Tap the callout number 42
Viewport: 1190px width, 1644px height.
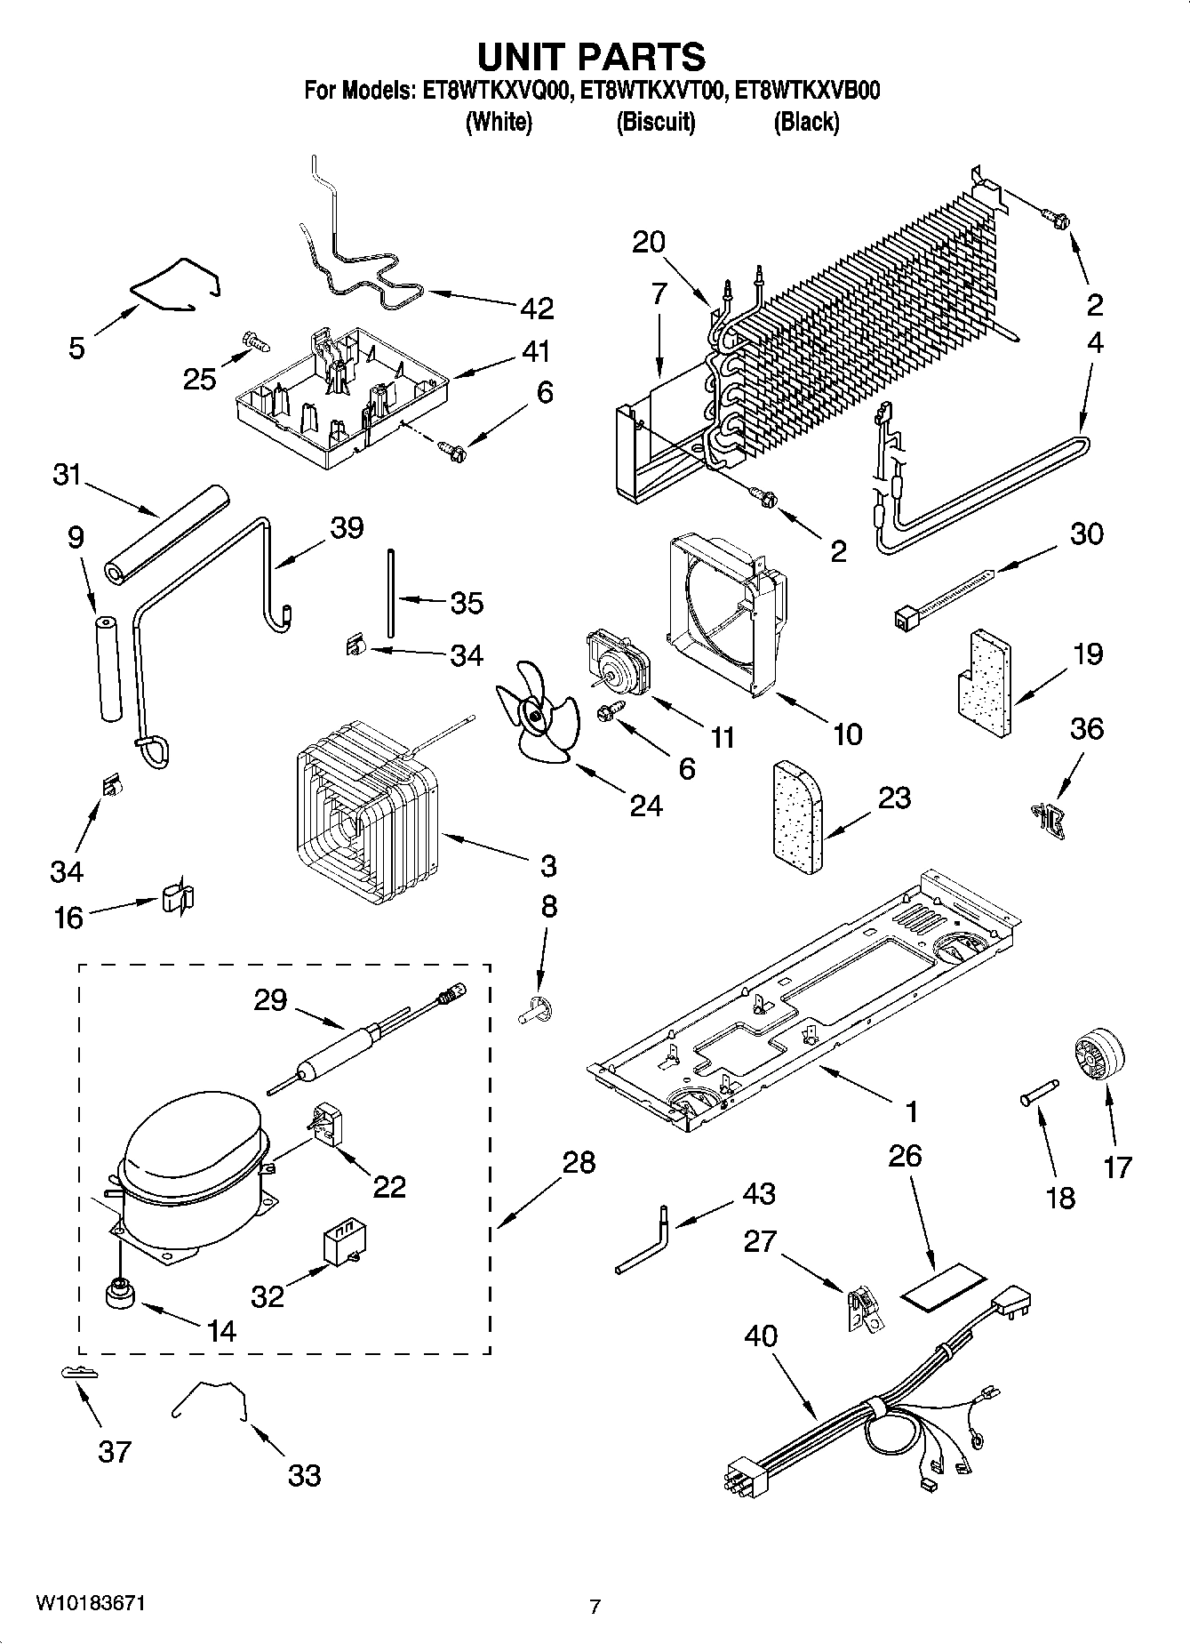click(537, 308)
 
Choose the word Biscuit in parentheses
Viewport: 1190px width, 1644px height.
click(655, 122)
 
